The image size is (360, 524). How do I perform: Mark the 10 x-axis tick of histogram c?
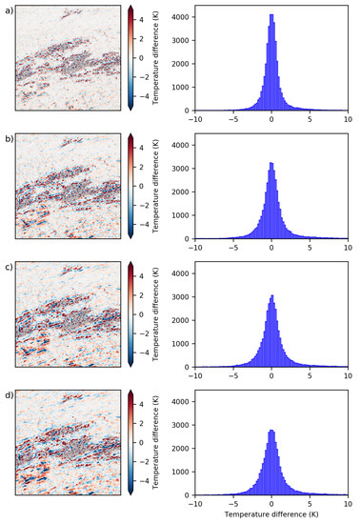[347, 376]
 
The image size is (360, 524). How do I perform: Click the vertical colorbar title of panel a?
[153, 57]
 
